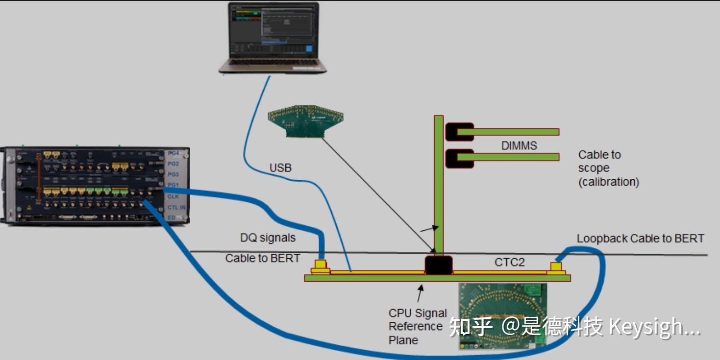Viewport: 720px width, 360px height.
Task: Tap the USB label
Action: coord(280,168)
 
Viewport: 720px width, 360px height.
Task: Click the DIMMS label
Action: coord(519,145)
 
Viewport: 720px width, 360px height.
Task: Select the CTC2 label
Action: coord(509,263)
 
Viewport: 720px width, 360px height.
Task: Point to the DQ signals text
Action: coord(268,238)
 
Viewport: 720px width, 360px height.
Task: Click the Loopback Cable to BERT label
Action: coord(640,239)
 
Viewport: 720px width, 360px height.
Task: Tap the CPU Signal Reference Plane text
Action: coord(418,327)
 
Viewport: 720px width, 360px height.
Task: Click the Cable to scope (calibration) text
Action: coord(608,168)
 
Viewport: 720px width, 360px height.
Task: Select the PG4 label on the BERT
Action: coord(174,153)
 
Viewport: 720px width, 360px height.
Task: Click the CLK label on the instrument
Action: coord(173,196)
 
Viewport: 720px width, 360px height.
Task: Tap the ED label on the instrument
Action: coord(172,217)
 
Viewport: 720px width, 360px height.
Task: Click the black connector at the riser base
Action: coord(438,264)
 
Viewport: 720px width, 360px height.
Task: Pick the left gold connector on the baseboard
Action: coord(321,266)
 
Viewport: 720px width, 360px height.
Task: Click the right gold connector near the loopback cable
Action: coord(556,268)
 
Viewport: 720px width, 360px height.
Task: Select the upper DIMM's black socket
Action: coord(458,132)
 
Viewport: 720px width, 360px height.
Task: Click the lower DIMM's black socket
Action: coord(458,158)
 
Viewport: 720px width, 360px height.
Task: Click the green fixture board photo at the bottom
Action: coord(502,316)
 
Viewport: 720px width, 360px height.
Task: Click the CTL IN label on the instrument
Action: coord(176,207)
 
